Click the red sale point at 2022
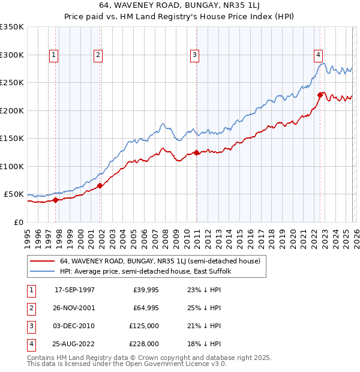point(320,95)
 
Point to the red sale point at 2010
point(196,152)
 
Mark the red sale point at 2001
point(100,186)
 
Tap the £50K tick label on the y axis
point(14,194)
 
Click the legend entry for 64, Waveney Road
point(160,262)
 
